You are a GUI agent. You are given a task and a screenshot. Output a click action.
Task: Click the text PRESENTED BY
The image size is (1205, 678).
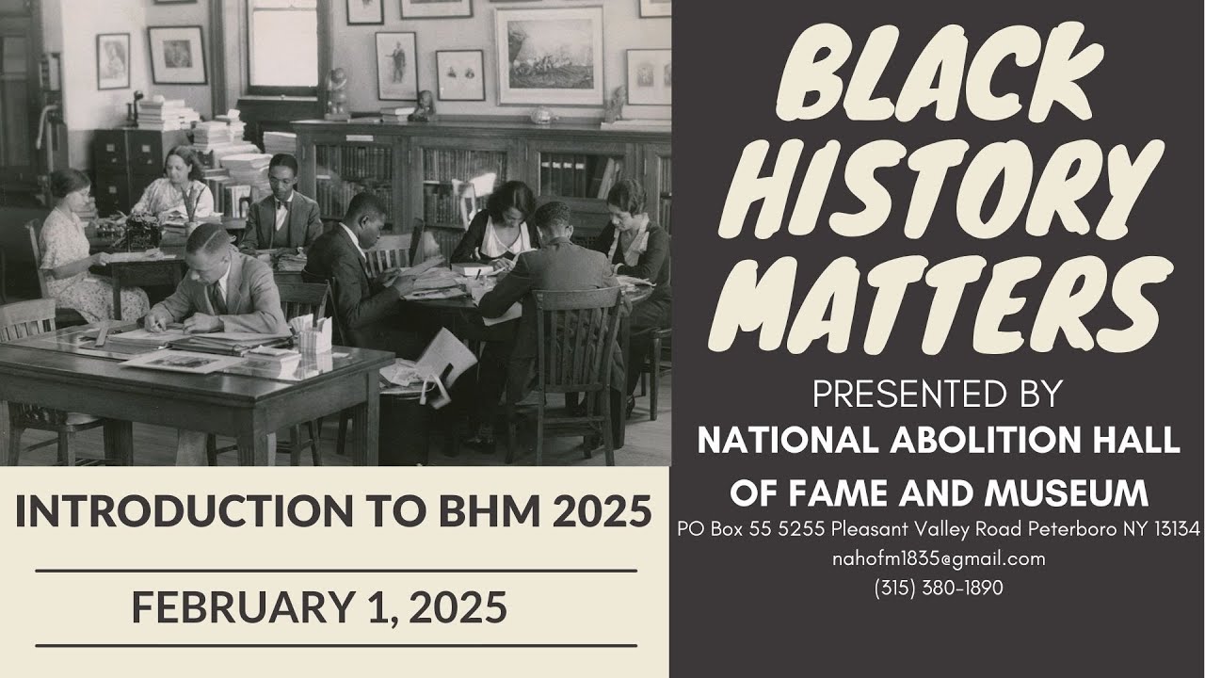point(938,395)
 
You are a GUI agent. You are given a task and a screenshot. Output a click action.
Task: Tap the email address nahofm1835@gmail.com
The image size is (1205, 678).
point(939,558)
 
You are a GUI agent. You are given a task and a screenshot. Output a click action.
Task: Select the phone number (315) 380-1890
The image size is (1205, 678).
point(939,589)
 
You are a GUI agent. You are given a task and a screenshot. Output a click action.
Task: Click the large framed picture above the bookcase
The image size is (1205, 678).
point(549,55)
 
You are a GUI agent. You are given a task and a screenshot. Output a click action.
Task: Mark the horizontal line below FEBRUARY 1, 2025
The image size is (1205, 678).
point(336,646)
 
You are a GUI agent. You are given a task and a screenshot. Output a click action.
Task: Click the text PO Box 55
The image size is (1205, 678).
point(715,529)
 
